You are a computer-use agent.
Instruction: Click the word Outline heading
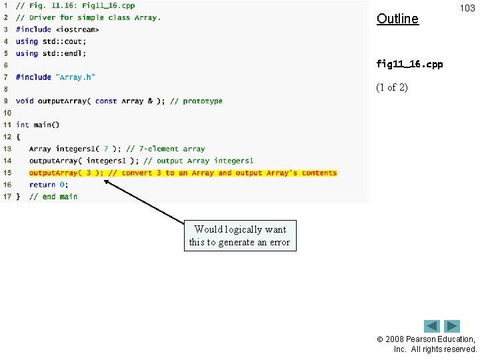tap(397, 19)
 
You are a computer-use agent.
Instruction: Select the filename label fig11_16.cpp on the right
tap(409, 65)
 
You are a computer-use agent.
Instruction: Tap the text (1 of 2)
tap(392, 87)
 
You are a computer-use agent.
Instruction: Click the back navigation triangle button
tap(432, 326)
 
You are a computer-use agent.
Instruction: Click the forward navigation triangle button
tap(453, 326)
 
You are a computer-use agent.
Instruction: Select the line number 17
tap(7, 197)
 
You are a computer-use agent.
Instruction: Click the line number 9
tap(6, 101)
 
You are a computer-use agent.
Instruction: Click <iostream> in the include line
tap(77, 29)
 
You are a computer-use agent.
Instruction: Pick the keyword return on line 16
tap(42, 185)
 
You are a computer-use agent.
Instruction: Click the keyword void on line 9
tap(24, 101)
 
